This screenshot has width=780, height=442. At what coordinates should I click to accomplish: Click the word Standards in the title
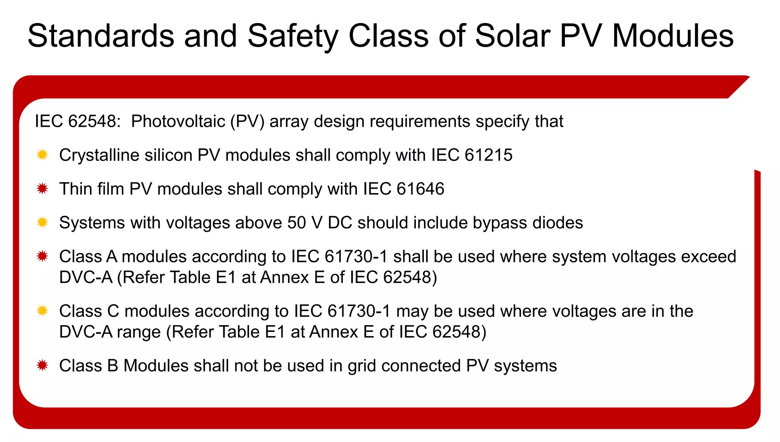click(101, 36)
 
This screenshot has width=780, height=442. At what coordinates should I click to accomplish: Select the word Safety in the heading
click(292, 36)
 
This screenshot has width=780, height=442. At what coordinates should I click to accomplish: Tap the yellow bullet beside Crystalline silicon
click(42, 155)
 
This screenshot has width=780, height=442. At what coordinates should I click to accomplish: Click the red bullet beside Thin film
click(42, 188)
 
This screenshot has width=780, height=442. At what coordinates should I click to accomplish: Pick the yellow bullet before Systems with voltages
click(42, 222)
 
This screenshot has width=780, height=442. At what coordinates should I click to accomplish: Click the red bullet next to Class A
click(42, 256)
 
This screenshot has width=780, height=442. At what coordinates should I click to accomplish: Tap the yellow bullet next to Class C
click(42, 311)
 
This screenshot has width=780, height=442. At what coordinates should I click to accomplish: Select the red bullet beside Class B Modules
click(42, 365)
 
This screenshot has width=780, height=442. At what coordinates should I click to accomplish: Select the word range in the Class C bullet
click(139, 332)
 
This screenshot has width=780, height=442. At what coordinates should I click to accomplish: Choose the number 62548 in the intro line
click(92, 121)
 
